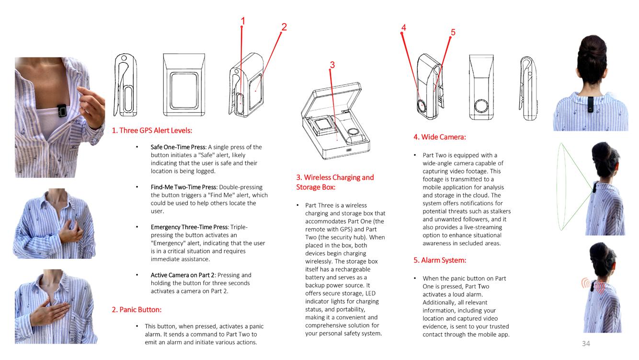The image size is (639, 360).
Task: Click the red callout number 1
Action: coord(243,21)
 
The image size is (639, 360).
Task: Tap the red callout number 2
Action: coord(284,27)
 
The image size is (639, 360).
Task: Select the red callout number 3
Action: coord(332,65)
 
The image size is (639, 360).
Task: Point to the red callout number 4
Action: coord(404,28)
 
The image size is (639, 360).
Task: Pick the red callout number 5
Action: coord(453,32)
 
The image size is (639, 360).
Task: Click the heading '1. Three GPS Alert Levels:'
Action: coord(152,130)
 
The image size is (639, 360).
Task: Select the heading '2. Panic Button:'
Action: coord(137,310)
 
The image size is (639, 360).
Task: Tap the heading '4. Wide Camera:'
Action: coord(439,137)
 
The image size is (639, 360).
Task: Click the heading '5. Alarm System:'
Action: coord(439,260)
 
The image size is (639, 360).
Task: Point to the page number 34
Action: coord(586,343)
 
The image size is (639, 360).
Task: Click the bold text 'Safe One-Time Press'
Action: coord(178,147)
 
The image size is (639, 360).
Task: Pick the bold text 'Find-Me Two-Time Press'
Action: coord(183,187)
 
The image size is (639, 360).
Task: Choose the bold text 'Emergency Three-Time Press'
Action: coord(189,227)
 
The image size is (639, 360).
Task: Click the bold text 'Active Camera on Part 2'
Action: coord(183,275)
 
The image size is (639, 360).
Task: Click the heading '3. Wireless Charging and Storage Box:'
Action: coord(335,182)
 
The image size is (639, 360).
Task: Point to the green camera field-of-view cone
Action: coord(572,187)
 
